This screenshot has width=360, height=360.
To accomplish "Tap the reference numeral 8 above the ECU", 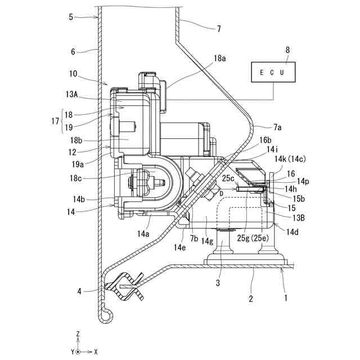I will click(x=287, y=50).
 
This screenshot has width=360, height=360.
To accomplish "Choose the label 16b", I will click(x=266, y=140).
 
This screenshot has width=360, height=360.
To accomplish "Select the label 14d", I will click(x=293, y=231).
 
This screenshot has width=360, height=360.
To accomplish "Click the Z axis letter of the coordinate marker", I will click(x=78, y=334).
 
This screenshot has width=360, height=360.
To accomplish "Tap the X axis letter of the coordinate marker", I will click(x=96, y=351).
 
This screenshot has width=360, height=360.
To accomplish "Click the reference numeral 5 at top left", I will click(x=71, y=17).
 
